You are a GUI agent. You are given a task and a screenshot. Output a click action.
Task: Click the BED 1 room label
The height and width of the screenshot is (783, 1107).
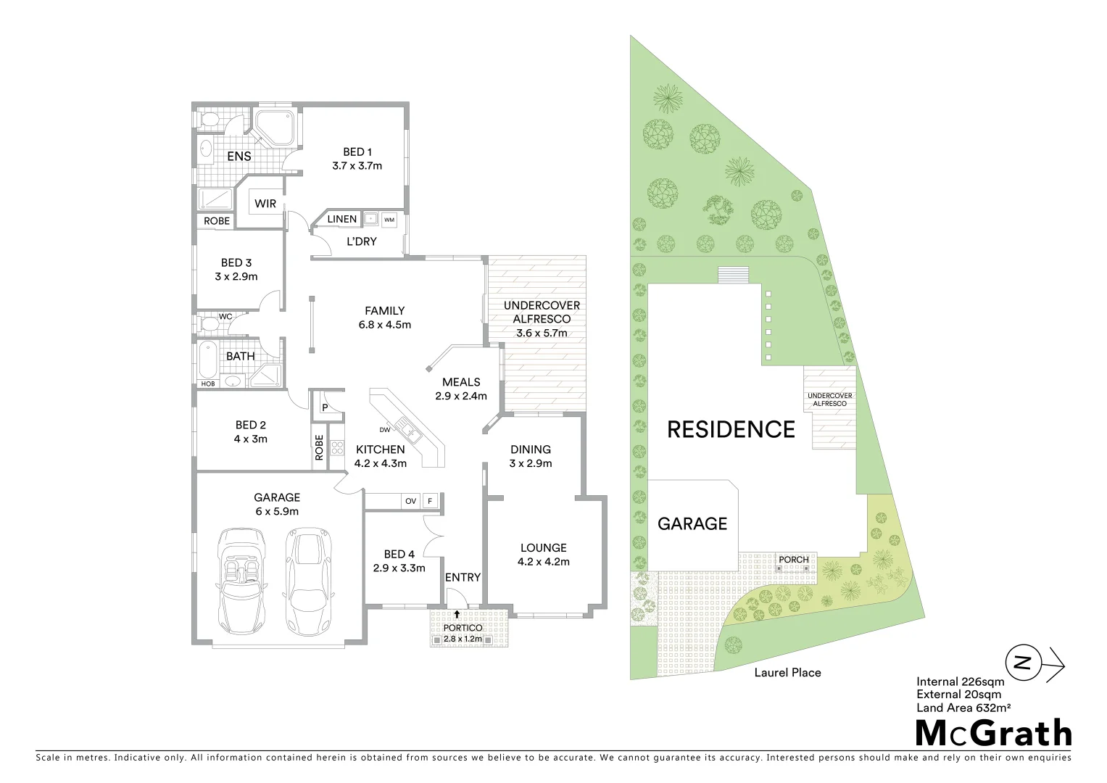357,152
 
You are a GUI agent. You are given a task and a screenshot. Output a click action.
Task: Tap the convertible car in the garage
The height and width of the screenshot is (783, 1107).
242,580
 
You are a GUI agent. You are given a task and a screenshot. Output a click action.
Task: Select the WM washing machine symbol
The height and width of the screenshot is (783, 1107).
389,219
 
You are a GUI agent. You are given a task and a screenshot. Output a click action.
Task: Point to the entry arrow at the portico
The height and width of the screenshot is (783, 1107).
457,614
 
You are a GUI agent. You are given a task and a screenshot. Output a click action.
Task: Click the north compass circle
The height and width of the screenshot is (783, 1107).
1022,662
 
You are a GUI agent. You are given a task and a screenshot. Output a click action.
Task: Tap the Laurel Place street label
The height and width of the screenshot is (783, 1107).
787,673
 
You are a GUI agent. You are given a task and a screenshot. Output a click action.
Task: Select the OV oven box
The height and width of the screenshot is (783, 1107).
410,501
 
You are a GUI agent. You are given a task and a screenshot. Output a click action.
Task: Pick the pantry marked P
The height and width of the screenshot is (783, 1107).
324,408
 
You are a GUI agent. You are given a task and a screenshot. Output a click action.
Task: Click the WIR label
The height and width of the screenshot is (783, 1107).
265,204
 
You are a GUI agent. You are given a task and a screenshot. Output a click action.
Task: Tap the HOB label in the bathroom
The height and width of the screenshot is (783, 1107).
208,384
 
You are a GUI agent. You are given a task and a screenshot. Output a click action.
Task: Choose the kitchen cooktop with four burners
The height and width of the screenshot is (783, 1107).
336,447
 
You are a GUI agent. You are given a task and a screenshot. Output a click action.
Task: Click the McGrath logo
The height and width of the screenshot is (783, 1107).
993,733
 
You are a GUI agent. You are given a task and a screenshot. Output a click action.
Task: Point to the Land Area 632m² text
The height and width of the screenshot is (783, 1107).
963,708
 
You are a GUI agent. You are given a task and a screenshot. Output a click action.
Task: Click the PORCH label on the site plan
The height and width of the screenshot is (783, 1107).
793,560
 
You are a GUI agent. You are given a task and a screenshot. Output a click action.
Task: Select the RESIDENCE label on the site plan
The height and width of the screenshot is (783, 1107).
731,429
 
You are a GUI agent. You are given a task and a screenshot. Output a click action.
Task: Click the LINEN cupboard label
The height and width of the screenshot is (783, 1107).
342,219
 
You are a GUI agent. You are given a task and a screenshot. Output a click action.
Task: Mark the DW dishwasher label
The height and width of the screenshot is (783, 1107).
384,428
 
